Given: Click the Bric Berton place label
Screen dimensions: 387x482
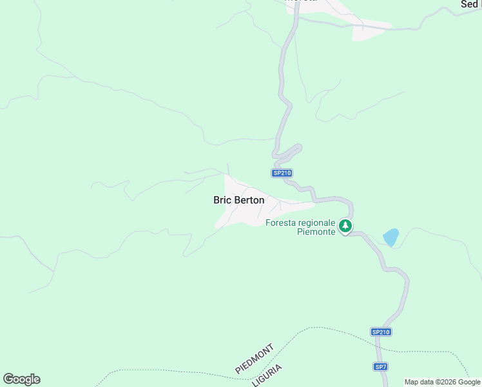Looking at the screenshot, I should coord(238,200).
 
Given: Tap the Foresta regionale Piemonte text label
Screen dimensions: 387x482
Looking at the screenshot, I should coord(300,227).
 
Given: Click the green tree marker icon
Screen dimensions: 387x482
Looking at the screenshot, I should coord(346,226).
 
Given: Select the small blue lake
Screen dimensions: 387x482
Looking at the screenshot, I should coord(390,237).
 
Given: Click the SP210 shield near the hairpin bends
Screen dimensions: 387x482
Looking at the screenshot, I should coord(282,173).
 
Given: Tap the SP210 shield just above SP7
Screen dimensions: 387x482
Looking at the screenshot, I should coord(381,332).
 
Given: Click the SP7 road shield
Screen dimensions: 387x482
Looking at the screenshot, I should coord(381,366).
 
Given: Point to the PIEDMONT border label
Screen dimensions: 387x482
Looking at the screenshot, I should coord(255,359).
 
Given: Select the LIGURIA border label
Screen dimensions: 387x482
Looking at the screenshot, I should coord(267,375).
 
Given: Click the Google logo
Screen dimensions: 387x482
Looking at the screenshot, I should coord(21,379).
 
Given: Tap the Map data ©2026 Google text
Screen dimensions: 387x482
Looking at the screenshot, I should coord(442,382).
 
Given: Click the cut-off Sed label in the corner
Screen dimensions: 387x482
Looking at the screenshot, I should coord(470,4).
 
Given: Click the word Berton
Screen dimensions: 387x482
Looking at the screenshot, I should coord(249,200).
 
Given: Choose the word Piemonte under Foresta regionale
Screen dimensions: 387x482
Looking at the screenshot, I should coord(316,232).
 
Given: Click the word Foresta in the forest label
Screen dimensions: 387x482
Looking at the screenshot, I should coord(280,223).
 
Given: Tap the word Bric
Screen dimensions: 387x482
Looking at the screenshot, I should coord(222,200).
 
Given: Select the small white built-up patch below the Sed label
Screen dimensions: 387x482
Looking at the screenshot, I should coord(371,30).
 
